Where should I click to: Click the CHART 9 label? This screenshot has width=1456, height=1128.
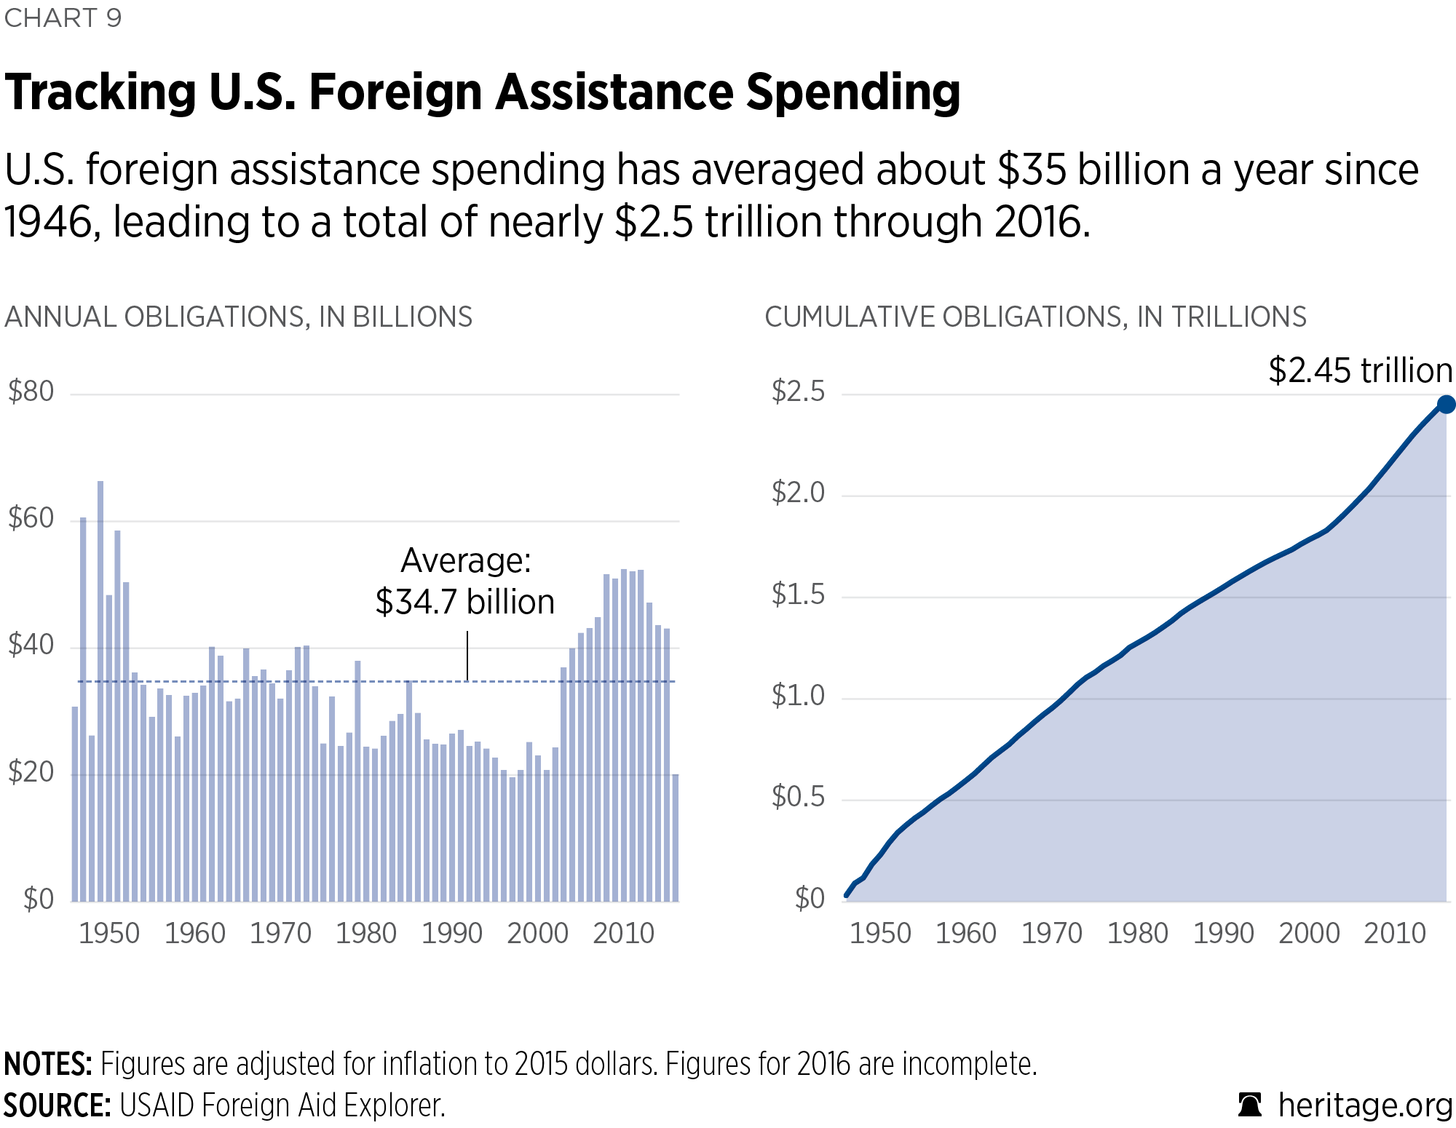[63, 18]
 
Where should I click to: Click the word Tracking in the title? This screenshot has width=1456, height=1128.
[100, 92]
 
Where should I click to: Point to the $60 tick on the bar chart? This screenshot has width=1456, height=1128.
[31, 518]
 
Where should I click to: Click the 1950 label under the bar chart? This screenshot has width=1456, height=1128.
[108, 933]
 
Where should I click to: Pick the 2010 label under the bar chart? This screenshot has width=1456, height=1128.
[623, 933]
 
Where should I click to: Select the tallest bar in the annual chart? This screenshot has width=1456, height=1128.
[100, 691]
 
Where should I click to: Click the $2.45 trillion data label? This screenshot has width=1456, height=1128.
[1360, 370]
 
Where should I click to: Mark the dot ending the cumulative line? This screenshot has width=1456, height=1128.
[1446, 405]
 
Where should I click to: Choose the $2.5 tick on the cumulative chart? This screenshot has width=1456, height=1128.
[798, 392]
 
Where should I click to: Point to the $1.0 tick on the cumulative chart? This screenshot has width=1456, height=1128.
[798, 696]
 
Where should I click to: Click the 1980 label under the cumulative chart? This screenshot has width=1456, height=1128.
[1137, 933]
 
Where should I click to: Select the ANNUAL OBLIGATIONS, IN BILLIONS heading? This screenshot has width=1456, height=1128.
[239, 317]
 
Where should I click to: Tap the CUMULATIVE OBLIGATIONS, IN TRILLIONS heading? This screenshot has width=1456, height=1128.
[1035, 317]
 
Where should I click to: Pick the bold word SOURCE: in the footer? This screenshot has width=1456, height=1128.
[57, 1105]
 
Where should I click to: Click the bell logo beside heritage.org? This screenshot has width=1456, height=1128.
[1250, 1105]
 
